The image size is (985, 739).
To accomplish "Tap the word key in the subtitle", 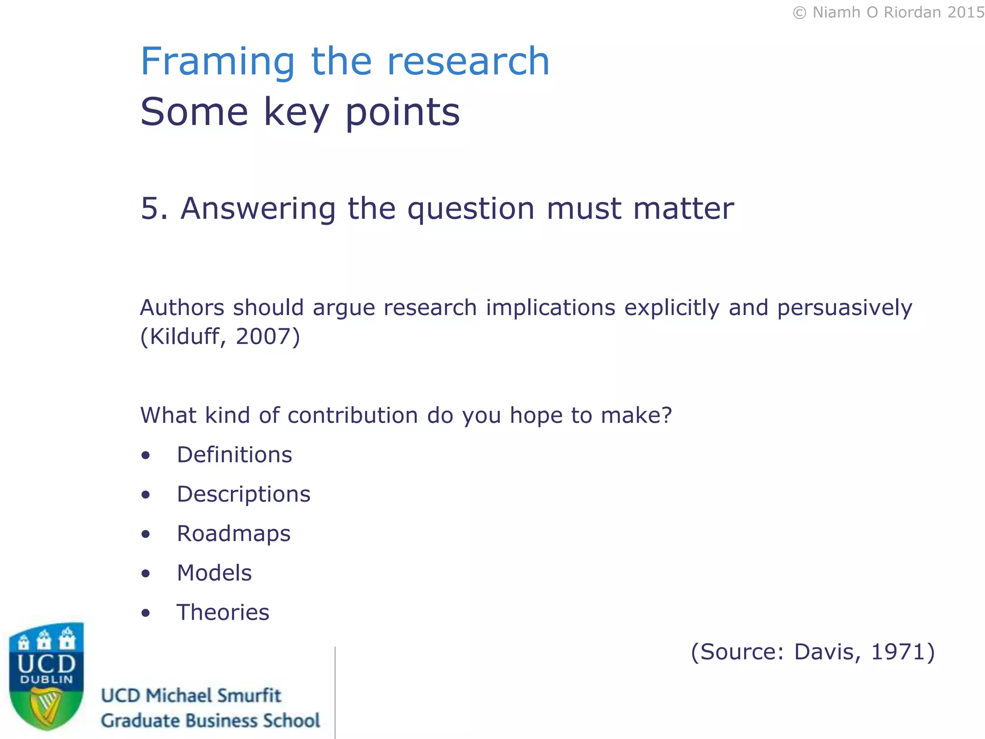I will point(296,113).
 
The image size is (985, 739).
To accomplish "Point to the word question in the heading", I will point(471,209).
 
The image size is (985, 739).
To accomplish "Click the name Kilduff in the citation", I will point(185,336).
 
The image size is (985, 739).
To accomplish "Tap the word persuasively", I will point(845,308).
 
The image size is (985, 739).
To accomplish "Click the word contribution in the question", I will point(353,415).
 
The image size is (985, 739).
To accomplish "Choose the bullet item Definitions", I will point(234,455).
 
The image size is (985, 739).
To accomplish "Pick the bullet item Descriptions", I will point(243,494).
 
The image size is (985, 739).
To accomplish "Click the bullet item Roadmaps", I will point(234,534).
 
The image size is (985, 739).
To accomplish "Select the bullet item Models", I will point(214,573).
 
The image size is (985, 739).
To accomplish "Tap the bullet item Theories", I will point(223,612).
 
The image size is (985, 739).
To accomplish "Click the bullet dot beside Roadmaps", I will point(146,534).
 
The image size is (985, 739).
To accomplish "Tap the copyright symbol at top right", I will point(799,13).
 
